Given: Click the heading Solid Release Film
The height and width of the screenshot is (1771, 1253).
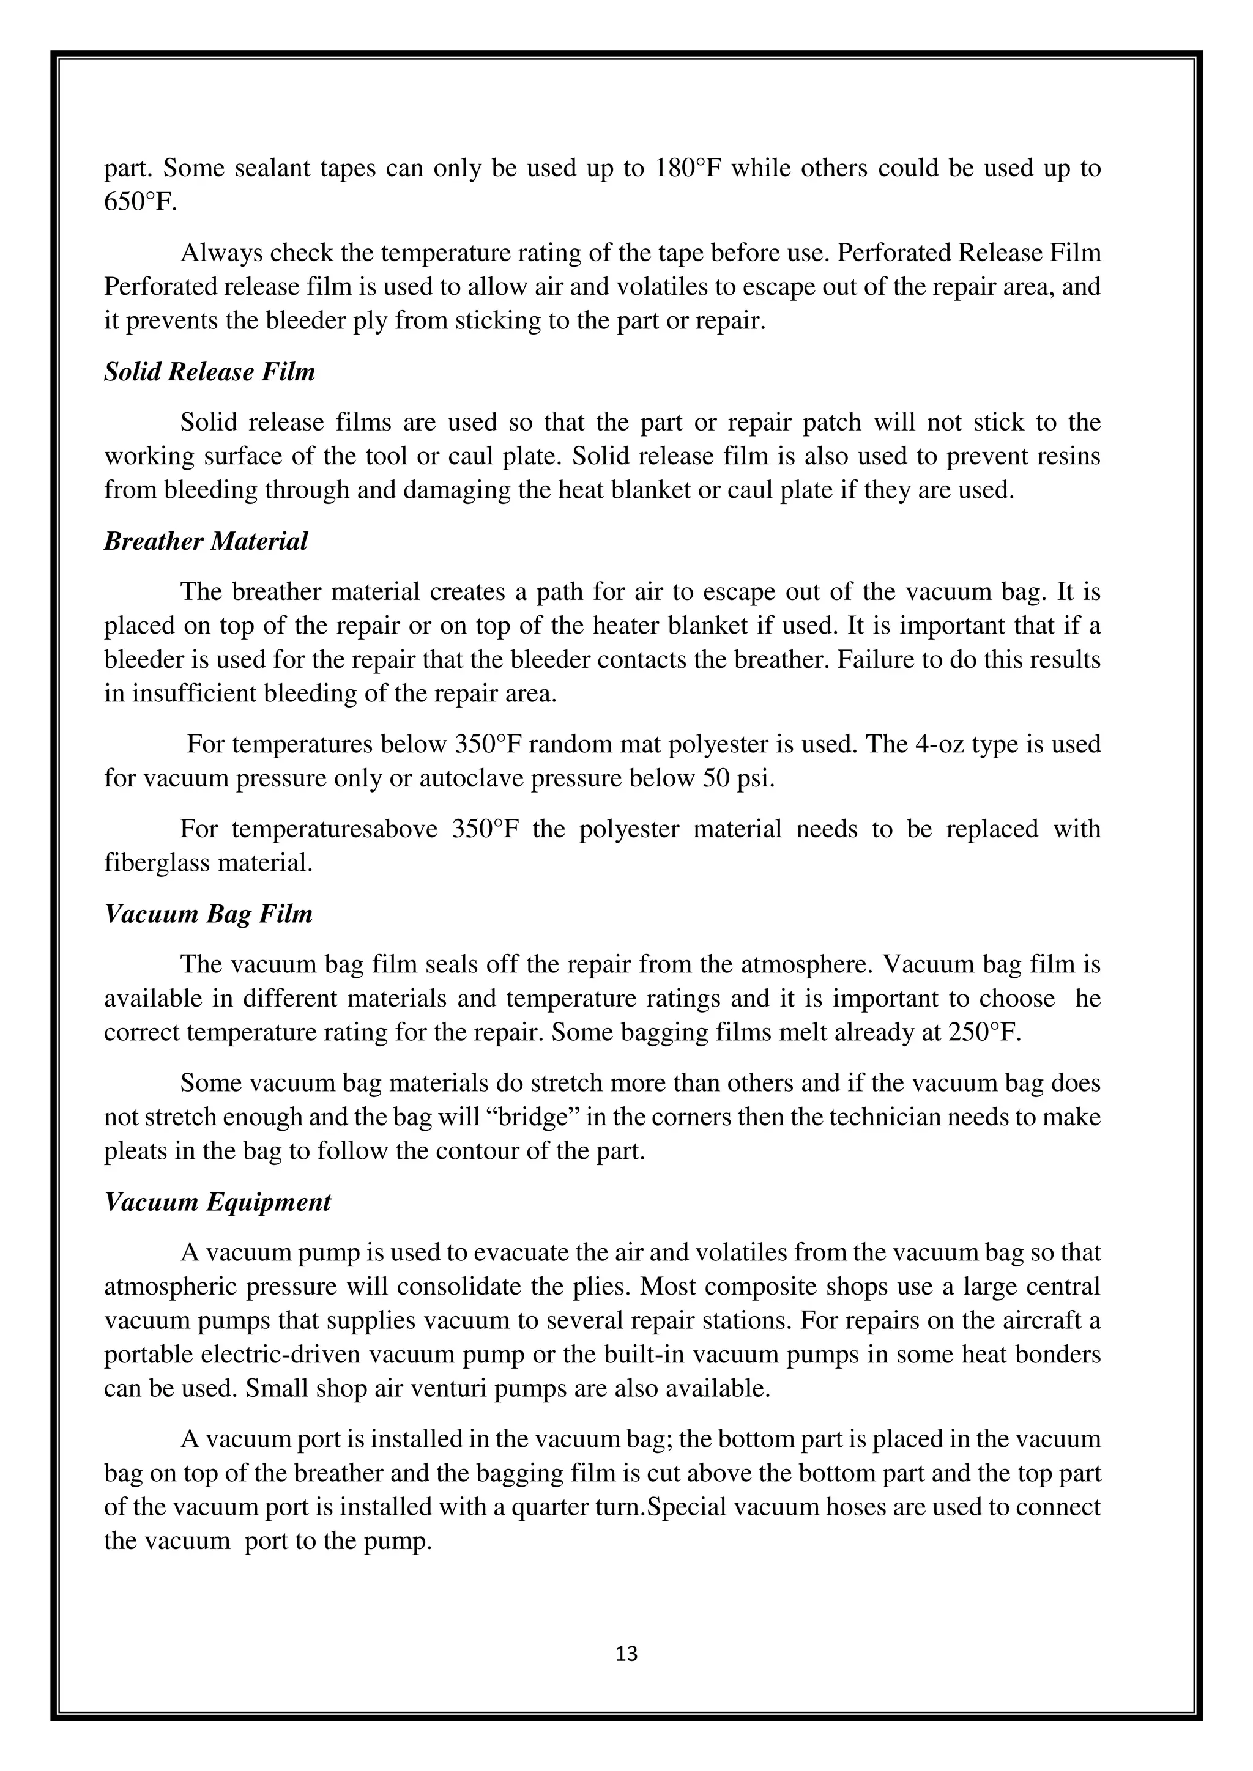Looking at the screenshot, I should tap(210, 372).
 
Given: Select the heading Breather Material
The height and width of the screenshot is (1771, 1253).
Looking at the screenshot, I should tap(206, 541).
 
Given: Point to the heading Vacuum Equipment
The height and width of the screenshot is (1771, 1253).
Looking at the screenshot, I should tap(218, 1201).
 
